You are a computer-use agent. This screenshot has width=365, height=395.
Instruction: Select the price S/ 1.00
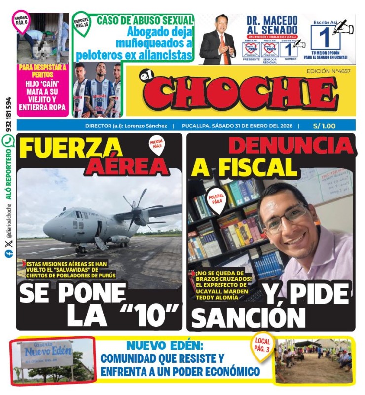coord(324,126)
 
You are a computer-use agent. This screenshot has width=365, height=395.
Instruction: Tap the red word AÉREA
coord(127,166)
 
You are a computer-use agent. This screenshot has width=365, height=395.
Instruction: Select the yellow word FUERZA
coord(72,147)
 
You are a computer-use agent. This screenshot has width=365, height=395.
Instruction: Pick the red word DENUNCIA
coord(291,146)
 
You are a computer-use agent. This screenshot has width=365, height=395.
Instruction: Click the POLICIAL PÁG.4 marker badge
coord(217,198)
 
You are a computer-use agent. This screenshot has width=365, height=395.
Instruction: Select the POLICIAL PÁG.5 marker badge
coord(157,144)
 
